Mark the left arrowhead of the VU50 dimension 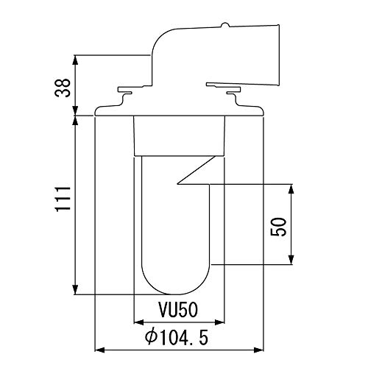(138, 322)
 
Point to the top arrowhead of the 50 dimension (293, 188)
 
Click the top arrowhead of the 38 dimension (75, 58)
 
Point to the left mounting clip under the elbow (123, 93)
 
